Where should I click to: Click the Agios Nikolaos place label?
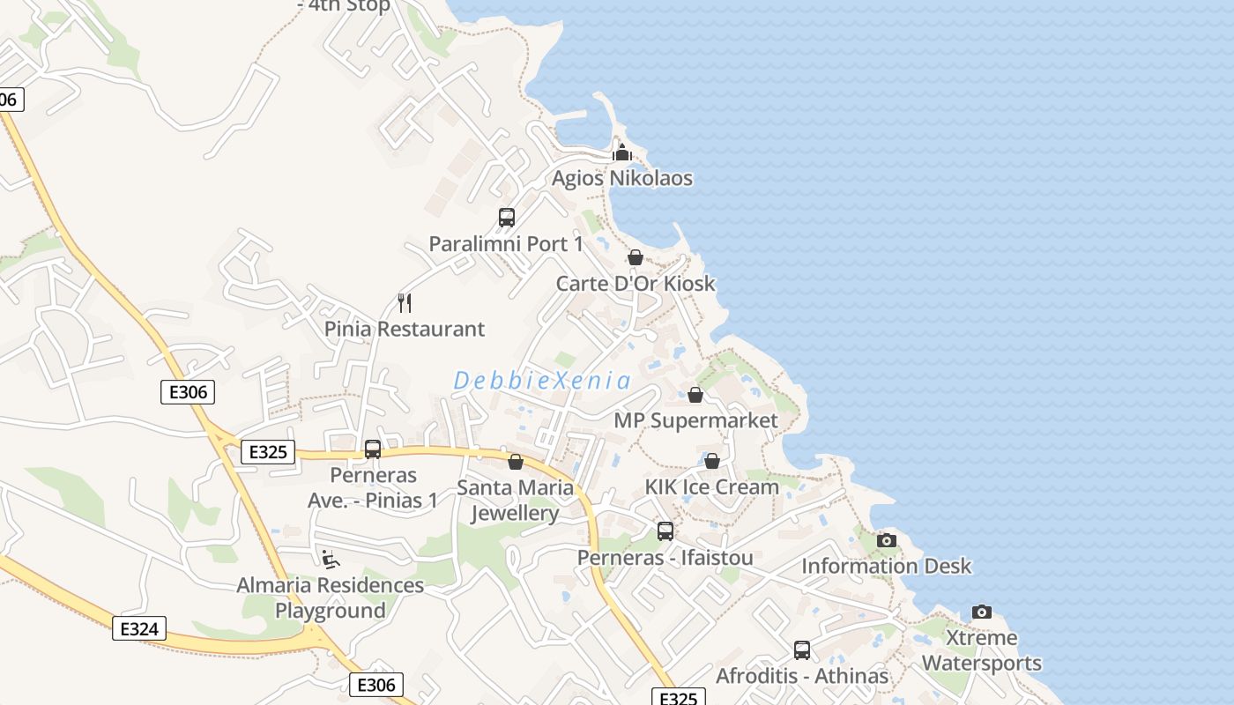point(622,179)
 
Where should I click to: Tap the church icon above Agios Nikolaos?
point(622,152)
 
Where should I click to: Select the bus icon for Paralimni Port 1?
point(507,218)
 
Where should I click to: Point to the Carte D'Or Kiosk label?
point(636,284)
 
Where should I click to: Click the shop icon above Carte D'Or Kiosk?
point(635,257)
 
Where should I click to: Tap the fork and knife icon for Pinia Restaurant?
point(405,303)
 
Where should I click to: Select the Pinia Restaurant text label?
point(405,330)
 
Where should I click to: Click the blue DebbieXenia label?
point(542,381)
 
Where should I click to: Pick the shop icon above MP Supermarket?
point(695,395)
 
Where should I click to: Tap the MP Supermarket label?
point(695,420)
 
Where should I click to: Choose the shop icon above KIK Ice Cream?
point(712,461)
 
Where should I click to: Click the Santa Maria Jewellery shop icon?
point(516,462)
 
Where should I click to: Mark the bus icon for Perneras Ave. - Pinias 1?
point(373,449)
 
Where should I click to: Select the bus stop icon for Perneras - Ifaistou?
point(665,531)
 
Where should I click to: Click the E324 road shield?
point(139,628)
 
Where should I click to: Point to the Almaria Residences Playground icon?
point(331,559)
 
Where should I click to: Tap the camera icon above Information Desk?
point(887,540)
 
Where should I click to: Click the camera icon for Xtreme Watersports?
point(982,612)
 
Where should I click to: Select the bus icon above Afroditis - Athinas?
point(802,650)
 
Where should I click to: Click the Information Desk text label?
point(886,567)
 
